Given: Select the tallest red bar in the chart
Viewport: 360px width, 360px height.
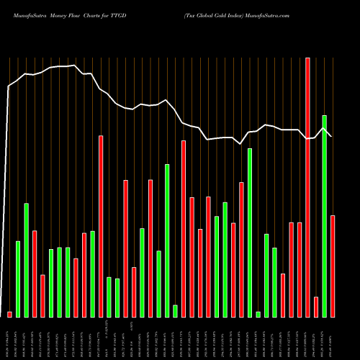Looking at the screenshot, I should pos(307,187).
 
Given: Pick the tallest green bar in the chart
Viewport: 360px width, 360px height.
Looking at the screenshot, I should pos(324,216).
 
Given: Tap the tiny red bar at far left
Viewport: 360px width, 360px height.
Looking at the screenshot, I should pos(9,314).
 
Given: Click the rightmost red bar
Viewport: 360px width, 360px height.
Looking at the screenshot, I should pos(333,266).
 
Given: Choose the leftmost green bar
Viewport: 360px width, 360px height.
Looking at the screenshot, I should pos(18,279).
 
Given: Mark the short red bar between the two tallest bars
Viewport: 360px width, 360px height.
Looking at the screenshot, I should pos(316,307).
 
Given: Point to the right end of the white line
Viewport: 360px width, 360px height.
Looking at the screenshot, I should pos(333,136).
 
